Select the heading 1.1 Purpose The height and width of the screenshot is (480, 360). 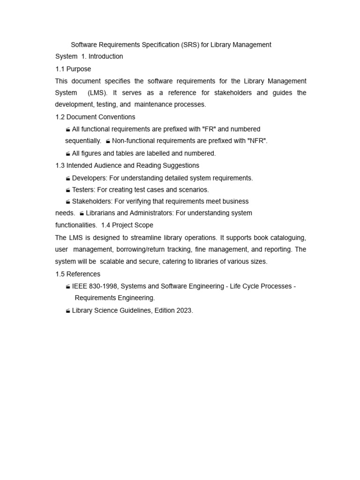coord(73,69)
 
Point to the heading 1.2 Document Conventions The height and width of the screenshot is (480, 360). coord(95,117)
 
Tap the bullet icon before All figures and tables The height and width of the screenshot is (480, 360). coord(68,154)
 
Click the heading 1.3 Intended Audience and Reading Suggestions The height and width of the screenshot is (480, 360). coord(127,165)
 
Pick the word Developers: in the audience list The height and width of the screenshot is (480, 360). coord(90,178)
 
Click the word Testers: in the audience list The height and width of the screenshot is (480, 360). coord(83,190)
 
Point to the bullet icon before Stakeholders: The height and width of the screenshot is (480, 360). coord(68,202)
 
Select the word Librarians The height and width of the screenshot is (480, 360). coord(100,213)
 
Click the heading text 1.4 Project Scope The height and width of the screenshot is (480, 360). coord(127,225)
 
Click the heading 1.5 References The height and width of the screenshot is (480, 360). coord(78,274)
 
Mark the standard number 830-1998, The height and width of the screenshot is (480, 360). coord(105,286)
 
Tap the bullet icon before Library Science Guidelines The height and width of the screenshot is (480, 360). coord(68,311)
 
